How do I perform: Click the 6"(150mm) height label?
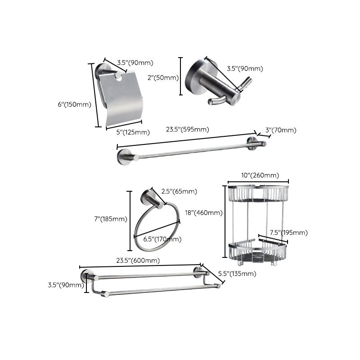tap(74, 104)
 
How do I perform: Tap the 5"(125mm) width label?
tap(134, 132)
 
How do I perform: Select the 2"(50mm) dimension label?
tap(166, 77)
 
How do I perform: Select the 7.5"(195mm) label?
tap(288, 232)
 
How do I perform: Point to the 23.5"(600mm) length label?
tap(138, 260)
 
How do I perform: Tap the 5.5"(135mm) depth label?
tap(236, 274)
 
